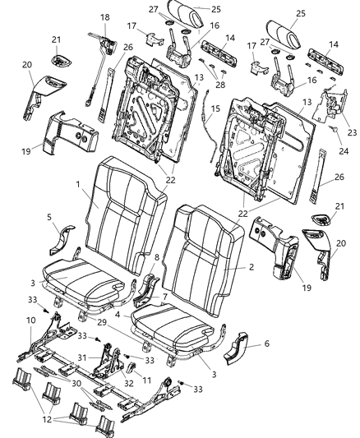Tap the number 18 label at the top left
(x=104, y=17)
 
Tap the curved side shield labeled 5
(x=62, y=238)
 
